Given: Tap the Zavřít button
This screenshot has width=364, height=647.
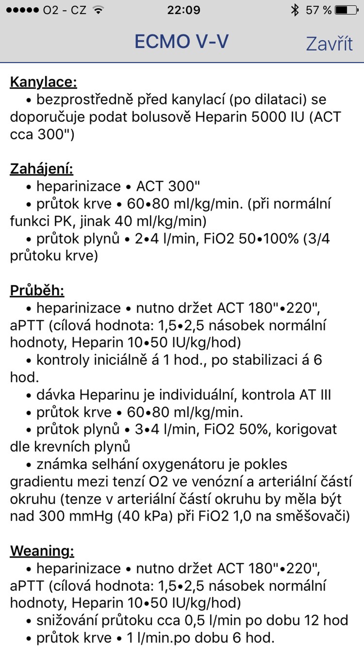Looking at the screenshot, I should coord(329,44).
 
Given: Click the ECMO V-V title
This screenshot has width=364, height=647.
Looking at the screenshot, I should coord(181,42).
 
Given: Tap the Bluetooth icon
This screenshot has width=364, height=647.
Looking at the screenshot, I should coord(295,11).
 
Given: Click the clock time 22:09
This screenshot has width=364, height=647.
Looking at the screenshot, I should coord(184,11).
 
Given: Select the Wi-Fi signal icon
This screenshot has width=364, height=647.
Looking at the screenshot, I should coord(98,11).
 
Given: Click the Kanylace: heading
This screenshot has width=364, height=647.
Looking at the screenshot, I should coord(43,82).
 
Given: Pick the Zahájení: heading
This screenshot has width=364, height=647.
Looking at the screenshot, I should coord(42,169).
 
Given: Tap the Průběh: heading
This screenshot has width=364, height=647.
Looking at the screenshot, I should coord(37,291).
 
